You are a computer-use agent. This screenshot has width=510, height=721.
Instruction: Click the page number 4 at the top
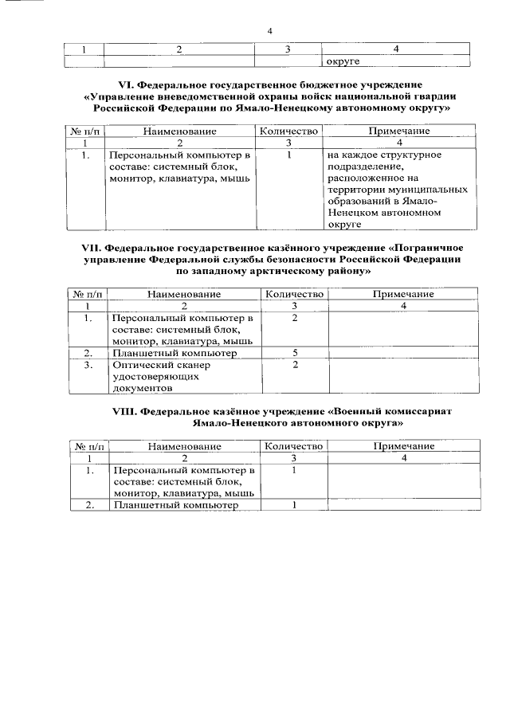pos(270,31)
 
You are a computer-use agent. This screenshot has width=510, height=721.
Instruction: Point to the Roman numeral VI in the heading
pos(125,84)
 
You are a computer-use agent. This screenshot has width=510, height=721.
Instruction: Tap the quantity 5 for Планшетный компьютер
pos(294,351)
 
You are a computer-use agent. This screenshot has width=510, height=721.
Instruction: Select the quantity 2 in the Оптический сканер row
pos(294,364)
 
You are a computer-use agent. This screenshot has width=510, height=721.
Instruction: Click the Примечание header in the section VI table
pos(398,131)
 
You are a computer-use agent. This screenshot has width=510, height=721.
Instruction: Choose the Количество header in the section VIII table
pos(293,446)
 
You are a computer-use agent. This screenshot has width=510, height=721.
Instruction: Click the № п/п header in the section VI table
pos(83,131)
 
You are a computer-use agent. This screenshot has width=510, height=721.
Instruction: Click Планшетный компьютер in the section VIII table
pos(176,504)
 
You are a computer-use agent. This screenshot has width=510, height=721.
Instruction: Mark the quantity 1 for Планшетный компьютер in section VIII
pos(294,504)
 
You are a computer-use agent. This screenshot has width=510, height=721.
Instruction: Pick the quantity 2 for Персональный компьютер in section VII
pos(294,318)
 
